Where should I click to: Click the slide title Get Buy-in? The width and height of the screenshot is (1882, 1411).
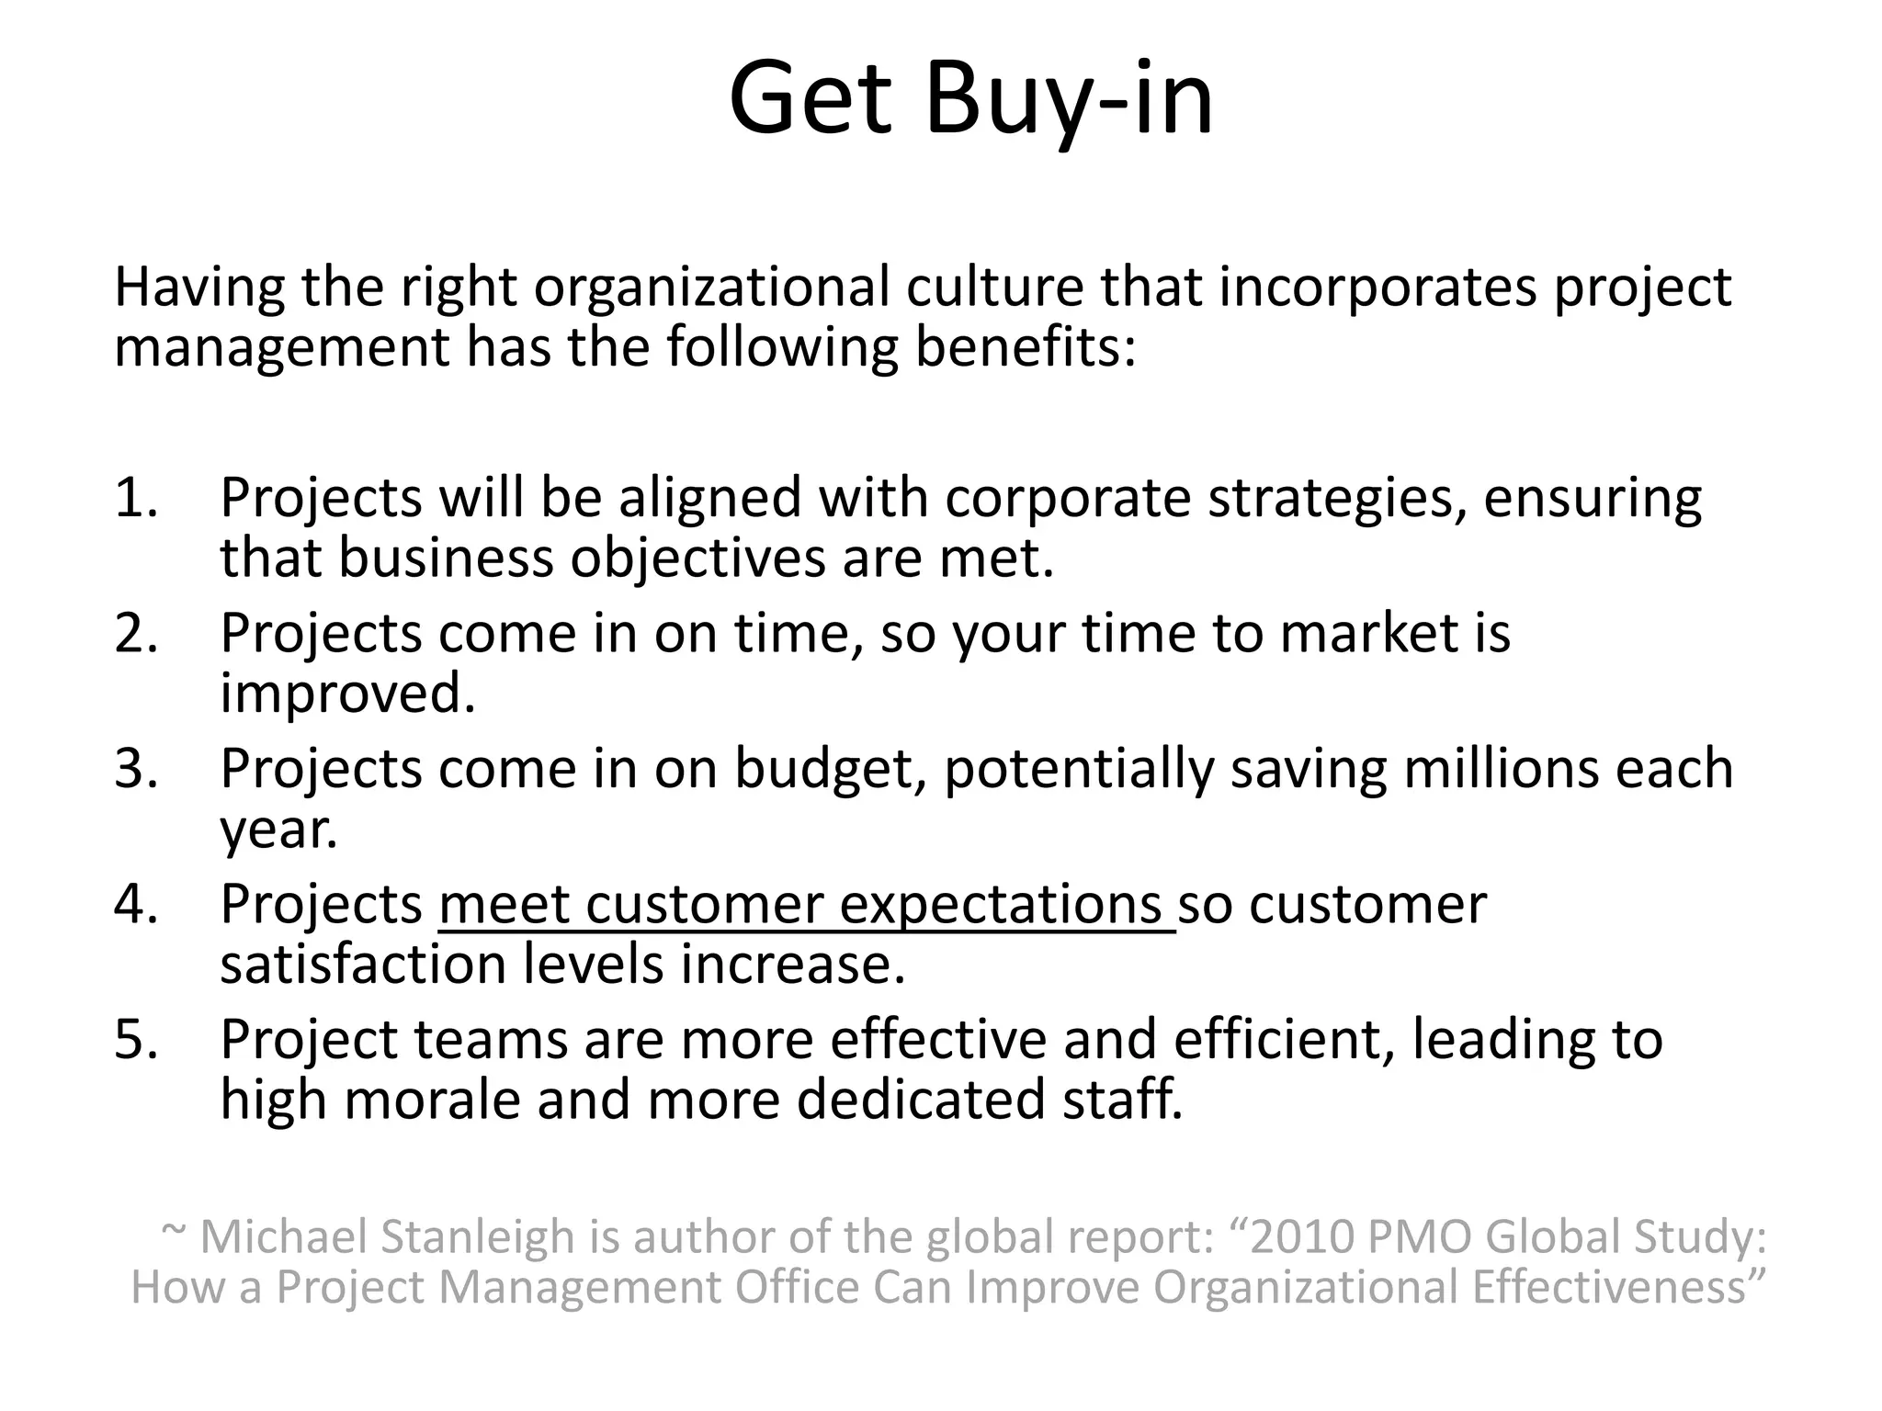tap(970, 99)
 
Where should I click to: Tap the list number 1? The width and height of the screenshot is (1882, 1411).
tap(135, 498)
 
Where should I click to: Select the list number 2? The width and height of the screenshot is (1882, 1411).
tap(135, 634)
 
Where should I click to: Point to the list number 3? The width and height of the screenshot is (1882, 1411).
tap(135, 769)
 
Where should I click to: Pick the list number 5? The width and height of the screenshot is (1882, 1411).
tap(135, 1040)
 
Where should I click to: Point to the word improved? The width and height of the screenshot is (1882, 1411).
tap(347, 694)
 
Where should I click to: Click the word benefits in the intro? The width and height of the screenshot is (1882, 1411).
tap(1025, 347)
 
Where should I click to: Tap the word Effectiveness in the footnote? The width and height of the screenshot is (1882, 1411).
tap(1617, 1286)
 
